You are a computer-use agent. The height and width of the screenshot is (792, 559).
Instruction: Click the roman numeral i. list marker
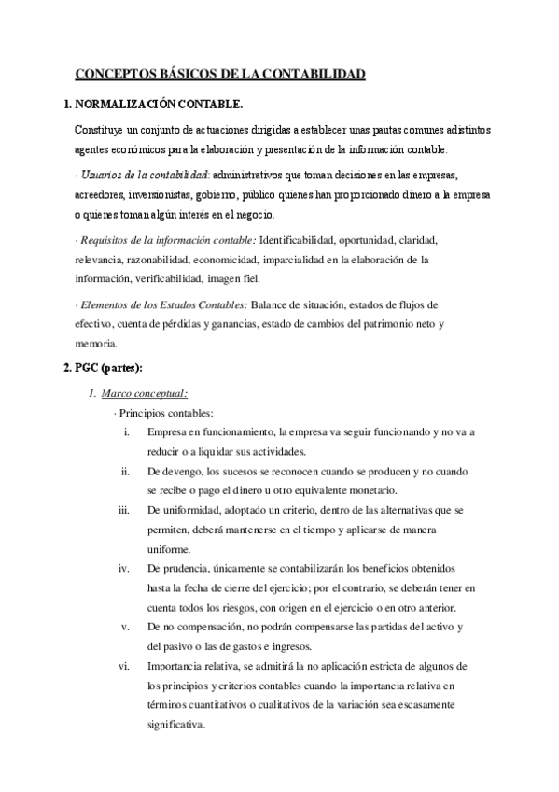coord(126,432)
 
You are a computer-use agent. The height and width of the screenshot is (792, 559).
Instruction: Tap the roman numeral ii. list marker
coord(125,471)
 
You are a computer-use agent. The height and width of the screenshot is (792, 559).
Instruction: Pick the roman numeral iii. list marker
coord(124,510)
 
